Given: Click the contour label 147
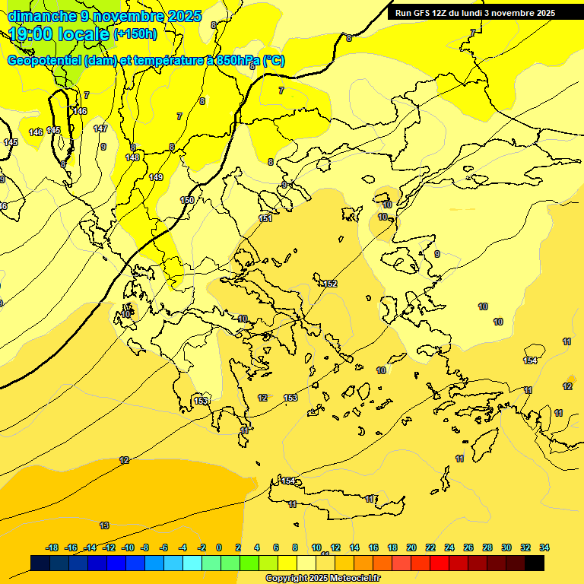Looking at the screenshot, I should point(100,129).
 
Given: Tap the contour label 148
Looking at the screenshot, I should point(132,157).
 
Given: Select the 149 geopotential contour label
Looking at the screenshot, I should point(156,177).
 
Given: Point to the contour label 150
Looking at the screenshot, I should point(187,200).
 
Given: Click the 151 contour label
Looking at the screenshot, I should point(265,218).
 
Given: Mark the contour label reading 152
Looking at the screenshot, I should point(329,284).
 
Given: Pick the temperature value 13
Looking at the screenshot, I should point(104,525).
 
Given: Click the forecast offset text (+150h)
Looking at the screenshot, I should point(135,33).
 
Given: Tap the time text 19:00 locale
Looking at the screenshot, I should point(59,34).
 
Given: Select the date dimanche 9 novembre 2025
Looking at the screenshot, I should point(104,16).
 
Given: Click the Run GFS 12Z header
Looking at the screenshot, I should point(475,13).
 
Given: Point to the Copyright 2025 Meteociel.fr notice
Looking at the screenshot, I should point(322,579).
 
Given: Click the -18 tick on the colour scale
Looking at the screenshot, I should point(52,547).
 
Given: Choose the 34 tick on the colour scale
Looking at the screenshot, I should point(544,547).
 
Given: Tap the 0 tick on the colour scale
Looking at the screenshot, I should point(219,547).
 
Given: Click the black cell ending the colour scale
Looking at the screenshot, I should point(535,563).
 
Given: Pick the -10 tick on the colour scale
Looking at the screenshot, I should point(127,547).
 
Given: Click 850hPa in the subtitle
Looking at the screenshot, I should point(236,61).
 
